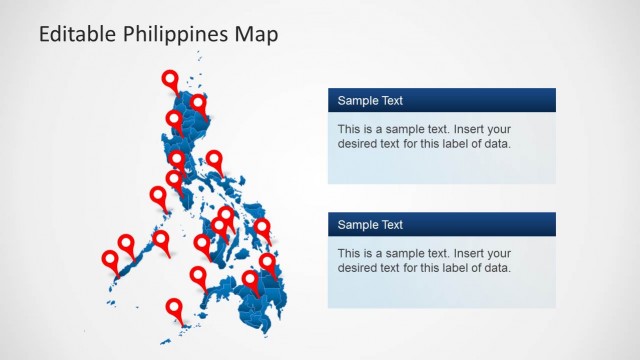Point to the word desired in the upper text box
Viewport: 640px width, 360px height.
(x=359, y=144)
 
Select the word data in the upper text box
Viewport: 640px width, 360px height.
(x=498, y=144)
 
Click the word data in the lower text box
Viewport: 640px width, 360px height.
(x=498, y=268)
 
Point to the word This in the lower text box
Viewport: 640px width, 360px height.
(x=350, y=253)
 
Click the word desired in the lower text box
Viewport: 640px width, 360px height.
(x=359, y=268)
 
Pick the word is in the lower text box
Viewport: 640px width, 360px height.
(x=371, y=253)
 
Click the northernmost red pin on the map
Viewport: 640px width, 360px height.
(x=170, y=80)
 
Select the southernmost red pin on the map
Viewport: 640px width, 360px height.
(x=175, y=308)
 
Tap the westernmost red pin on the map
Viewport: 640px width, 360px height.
(x=110, y=260)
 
